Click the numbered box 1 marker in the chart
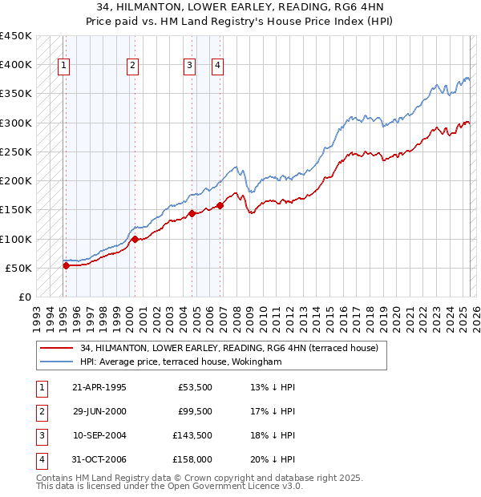click(63, 67)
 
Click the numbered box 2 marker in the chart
click(132, 67)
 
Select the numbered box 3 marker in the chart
click(189, 67)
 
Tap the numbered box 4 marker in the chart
click(217, 67)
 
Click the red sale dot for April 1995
click(66, 265)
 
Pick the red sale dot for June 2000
click(135, 239)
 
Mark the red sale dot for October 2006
click(220, 205)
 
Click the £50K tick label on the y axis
click(18, 268)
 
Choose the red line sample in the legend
click(57, 348)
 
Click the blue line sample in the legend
click(57, 362)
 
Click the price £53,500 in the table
click(196, 386)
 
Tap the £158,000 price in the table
click(192, 459)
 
